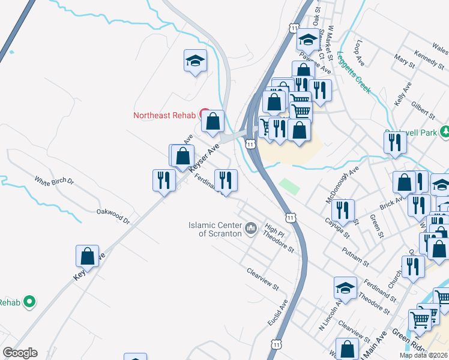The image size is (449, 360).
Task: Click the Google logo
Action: point(20,353)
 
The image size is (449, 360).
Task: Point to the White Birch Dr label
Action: point(53,181)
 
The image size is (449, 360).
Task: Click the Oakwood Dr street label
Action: point(113,215)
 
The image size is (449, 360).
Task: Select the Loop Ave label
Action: point(360,53)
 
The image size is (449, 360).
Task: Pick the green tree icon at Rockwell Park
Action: point(445,131)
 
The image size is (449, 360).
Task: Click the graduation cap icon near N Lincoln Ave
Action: point(345,288)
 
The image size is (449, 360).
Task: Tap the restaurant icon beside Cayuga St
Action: point(343,209)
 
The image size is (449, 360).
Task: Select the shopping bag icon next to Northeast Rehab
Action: point(212,121)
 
